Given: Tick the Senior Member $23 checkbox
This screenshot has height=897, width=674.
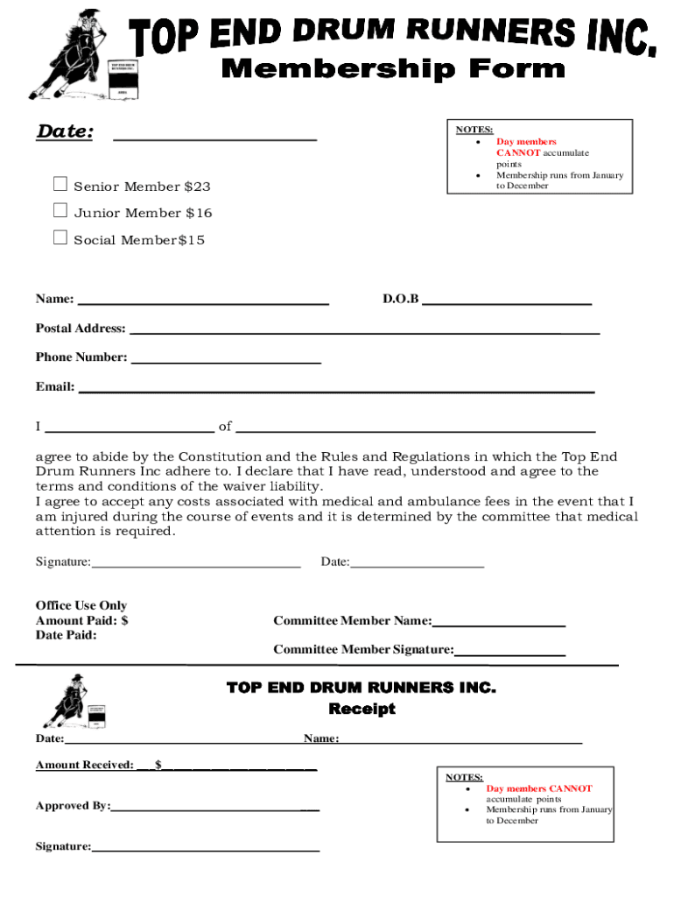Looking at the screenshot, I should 60,184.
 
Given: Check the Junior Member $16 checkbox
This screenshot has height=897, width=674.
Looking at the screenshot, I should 60,210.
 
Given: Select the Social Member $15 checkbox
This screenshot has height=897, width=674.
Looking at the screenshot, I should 60,237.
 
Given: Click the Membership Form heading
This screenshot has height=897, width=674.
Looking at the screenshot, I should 393,67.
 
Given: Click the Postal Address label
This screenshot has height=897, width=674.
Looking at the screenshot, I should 80,328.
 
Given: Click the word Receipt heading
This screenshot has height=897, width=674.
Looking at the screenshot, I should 362,709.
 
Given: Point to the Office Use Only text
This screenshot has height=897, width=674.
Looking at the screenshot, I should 81,605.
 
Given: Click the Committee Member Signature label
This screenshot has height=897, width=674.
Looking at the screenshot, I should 363,649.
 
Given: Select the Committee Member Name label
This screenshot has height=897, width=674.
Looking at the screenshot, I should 352,620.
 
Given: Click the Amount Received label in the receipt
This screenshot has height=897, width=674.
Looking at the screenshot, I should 84,765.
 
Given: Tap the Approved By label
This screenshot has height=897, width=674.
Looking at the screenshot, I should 73,805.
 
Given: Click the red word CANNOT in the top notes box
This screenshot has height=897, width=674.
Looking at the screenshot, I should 518,152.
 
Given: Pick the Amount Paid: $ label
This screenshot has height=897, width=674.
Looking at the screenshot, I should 81,620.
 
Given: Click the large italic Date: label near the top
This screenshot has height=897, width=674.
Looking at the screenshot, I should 65,132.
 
